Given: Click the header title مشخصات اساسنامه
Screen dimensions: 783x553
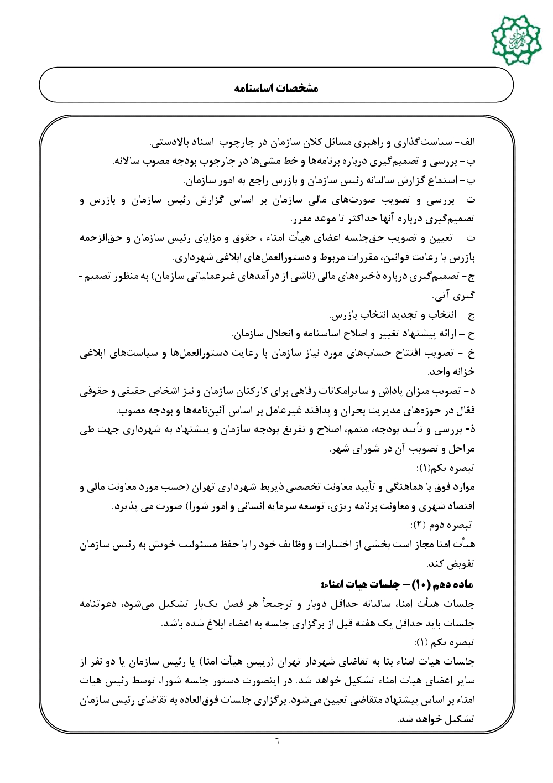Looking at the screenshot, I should tap(276, 88).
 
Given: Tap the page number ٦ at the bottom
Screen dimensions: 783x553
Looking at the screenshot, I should tap(276, 740).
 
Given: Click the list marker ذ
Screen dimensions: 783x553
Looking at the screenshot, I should tap(471, 429).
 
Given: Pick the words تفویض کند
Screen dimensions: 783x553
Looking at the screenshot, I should tap(451, 564).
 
